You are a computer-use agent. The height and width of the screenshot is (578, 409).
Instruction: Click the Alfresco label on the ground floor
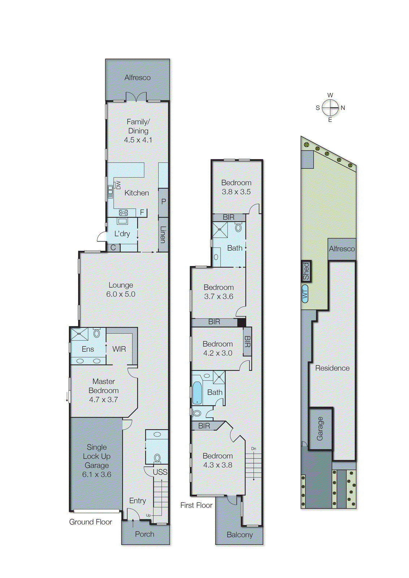click(138, 77)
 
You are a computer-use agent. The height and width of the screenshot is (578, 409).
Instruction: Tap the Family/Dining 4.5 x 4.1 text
click(138, 131)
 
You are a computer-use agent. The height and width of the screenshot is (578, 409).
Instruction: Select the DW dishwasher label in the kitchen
click(118, 185)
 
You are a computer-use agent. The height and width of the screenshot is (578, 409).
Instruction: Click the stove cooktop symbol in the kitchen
click(123, 213)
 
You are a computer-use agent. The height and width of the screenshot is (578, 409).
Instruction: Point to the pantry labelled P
click(164, 202)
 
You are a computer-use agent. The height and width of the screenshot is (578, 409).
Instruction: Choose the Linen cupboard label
click(163, 234)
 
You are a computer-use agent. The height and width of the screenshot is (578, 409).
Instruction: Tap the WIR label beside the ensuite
click(119, 349)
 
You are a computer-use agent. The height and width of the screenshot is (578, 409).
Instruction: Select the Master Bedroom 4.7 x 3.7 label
click(104, 391)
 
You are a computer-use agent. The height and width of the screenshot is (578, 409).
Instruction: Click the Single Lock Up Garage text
click(96, 461)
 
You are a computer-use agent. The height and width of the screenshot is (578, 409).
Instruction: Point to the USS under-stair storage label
click(160, 472)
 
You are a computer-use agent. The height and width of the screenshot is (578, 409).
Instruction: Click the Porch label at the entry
click(144, 534)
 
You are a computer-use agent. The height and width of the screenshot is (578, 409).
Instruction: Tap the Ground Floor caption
click(91, 522)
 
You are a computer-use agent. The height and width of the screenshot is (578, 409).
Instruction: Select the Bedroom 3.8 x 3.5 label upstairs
click(236, 187)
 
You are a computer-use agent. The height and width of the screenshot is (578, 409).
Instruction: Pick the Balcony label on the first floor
click(240, 535)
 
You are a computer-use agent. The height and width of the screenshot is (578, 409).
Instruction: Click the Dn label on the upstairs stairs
click(254, 449)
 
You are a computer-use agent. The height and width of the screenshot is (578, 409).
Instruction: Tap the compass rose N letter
click(343, 108)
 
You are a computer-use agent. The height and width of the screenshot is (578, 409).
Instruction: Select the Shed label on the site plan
click(306, 271)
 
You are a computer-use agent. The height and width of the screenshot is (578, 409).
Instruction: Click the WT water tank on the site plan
click(305, 294)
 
